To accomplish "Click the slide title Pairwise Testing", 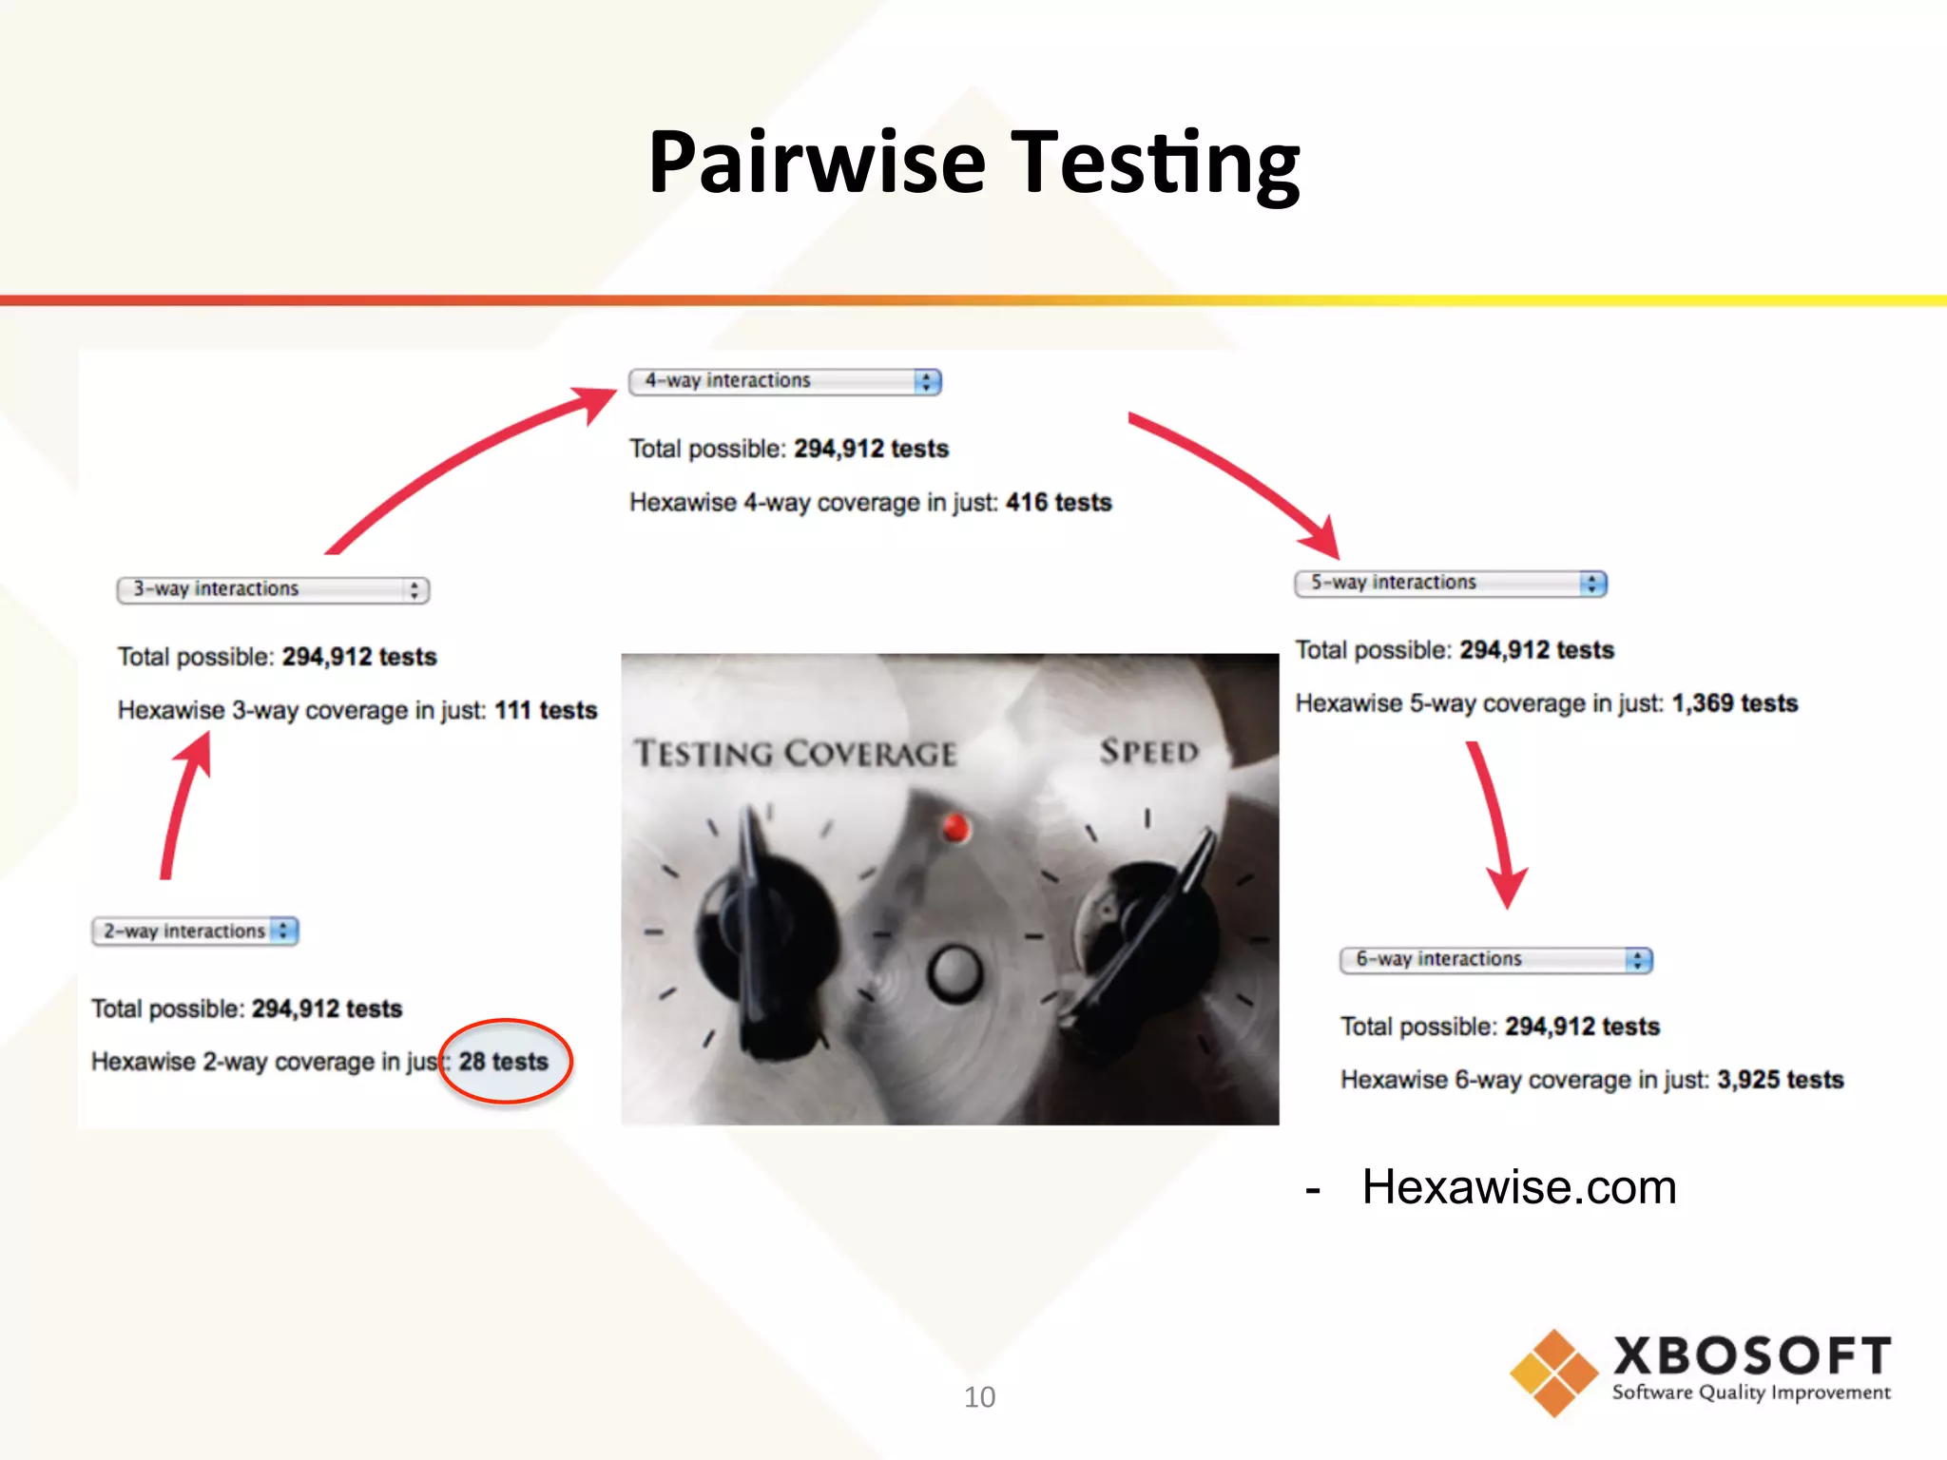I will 973,163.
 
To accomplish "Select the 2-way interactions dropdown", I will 195,931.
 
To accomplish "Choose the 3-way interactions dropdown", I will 273,589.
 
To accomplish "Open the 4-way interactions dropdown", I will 784,381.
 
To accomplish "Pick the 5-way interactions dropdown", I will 1450,583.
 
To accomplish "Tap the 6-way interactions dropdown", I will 1495,959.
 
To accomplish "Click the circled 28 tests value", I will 504,1061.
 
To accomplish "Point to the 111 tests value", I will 546,710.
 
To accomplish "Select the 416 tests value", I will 1058,502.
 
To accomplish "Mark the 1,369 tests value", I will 1734,703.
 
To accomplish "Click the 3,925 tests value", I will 1780,1080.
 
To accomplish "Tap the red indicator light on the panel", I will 955,828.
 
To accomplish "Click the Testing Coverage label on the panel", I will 795,754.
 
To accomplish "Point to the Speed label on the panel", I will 1148,752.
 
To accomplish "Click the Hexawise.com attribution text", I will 1518,1187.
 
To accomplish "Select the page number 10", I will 979,1396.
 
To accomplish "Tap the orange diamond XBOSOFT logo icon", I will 1552,1373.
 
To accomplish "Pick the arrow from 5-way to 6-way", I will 1495,823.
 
